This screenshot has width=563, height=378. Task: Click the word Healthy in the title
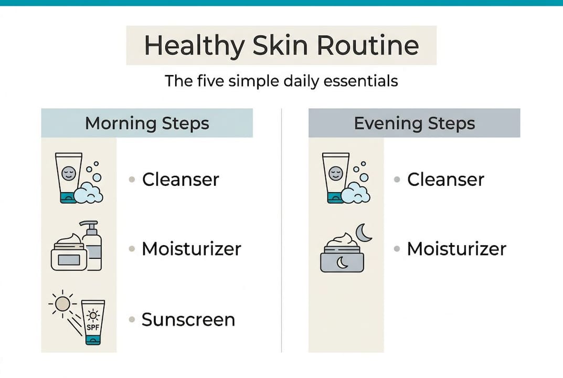coord(194,46)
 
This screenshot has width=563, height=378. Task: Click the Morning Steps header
coord(147,123)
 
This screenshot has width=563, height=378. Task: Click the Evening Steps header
coord(414,123)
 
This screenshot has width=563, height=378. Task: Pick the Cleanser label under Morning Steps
coord(180,180)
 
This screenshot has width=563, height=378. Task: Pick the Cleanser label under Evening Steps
coord(445,180)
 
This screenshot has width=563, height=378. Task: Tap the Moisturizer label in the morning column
coord(191,248)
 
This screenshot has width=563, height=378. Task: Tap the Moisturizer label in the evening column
coord(456,248)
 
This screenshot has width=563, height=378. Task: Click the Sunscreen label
coord(188,319)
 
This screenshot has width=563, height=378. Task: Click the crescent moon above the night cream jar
coord(363,232)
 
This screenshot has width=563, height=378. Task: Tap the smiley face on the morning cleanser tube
coord(69,172)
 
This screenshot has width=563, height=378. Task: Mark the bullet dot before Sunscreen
coord(132,319)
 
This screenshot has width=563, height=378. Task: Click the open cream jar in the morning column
coord(69,254)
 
